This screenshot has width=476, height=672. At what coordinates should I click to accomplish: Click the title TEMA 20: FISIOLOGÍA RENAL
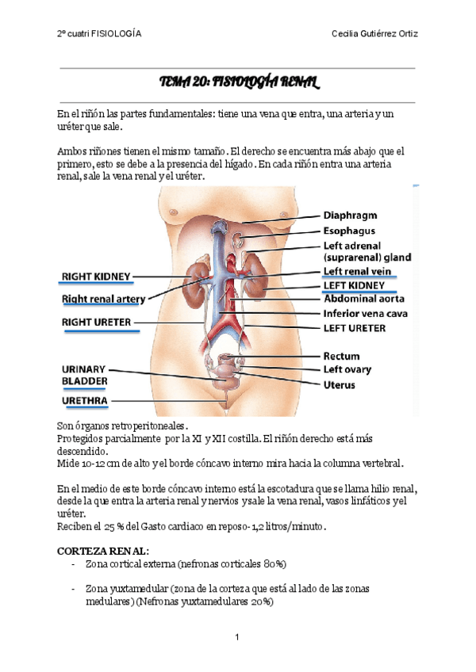click(x=238, y=82)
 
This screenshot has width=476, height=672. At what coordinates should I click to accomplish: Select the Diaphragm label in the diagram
click(x=350, y=215)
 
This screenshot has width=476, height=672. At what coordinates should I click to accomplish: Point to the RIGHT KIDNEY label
click(x=96, y=277)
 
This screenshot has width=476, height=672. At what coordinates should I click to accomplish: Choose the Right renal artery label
click(x=103, y=299)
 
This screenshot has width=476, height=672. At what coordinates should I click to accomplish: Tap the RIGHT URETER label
click(x=97, y=322)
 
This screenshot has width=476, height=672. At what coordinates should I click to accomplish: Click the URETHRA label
click(x=85, y=401)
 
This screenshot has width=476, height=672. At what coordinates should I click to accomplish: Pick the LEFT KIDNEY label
click(x=354, y=285)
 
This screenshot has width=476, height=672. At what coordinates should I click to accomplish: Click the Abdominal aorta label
click(x=364, y=299)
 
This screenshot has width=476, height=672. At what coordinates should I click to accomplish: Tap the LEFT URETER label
click(x=355, y=327)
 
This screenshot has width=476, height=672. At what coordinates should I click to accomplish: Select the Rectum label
click(x=341, y=356)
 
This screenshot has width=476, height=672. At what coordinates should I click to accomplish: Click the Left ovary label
click(x=347, y=369)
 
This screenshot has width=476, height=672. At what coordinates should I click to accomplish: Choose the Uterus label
click(x=339, y=384)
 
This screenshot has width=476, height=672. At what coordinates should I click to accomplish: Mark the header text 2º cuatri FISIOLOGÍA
click(x=99, y=34)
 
